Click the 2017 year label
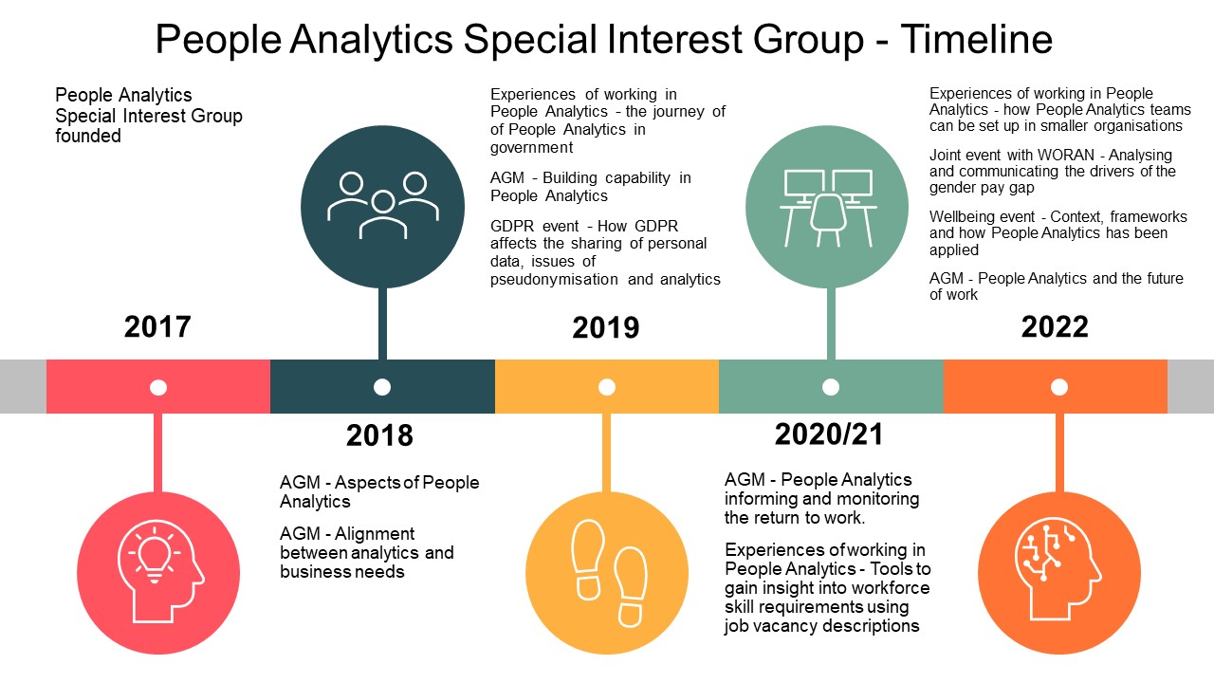tap(157, 327)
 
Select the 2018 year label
tap(379, 435)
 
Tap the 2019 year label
tap(606, 328)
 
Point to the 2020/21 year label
tap(829, 434)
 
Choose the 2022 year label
tap(1055, 327)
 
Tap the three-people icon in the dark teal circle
tap(382, 205)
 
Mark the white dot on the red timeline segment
tap(158, 387)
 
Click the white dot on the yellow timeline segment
tap(607, 387)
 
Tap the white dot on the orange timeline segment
tap(1059, 387)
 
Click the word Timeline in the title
tap(977, 40)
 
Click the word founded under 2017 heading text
tap(88, 137)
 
